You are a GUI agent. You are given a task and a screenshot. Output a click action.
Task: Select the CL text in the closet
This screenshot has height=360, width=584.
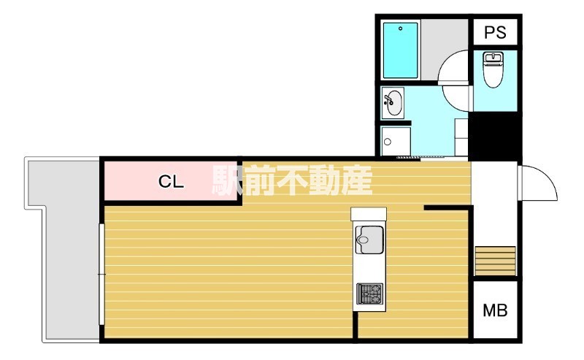point(171,183)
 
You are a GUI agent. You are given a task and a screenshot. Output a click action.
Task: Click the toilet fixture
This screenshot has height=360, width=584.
point(494,69)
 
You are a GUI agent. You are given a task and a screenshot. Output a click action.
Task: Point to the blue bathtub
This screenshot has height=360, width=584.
point(400,50)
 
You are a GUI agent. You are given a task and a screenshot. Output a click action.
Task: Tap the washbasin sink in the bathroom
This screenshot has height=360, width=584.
point(393,103)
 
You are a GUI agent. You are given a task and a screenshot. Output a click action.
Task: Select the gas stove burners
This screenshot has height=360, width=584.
point(369,294)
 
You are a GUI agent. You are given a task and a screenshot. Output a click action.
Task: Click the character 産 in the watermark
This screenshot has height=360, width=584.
point(357,180)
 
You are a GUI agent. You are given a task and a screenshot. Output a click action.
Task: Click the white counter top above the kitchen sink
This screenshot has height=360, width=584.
point(368,213)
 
